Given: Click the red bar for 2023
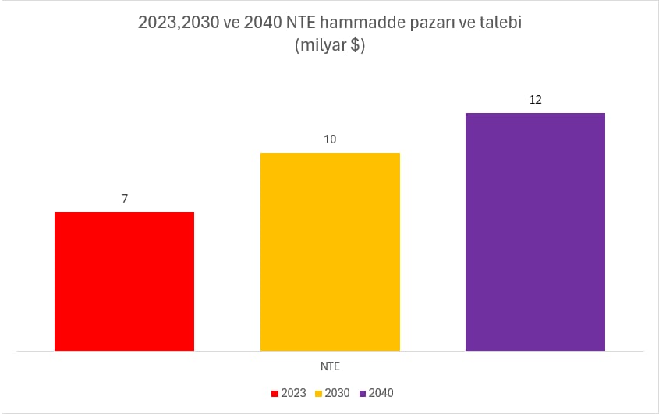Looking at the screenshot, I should tap(124, 281).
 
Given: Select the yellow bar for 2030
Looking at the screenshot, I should tap(330, 251).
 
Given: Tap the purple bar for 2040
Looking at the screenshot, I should tap(535, 232).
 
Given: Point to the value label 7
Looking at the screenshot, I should tap(125, 199).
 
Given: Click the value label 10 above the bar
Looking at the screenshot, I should tap(330, 140).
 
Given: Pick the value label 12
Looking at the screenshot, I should tap(535, 100).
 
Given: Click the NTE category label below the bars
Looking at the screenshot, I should tap(330, 365).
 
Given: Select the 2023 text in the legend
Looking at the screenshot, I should tap(293, 393).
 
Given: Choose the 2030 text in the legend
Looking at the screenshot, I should tap(337, 393).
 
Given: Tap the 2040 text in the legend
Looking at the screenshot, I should tap(381, 393).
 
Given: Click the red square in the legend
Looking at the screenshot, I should tap(275, 393).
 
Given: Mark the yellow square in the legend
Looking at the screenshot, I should tap(318, 393).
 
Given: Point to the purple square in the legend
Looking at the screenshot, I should tap(362, 393).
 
